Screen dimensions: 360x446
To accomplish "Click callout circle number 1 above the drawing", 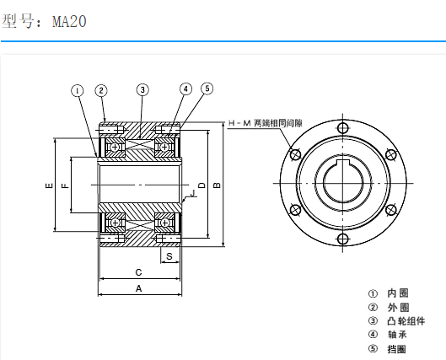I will click(x=78, y=89).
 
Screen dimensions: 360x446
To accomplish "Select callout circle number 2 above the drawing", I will click(x=100, y=89).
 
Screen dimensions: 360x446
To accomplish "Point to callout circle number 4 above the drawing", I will click(x=185, y=89).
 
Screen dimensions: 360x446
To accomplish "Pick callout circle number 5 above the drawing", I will click(x=207, y=89).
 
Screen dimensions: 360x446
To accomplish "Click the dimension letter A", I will click(x=139, y=288).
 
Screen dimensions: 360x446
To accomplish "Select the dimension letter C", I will click(x=139, y=271).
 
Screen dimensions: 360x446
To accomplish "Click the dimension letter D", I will click(x=200, y=184).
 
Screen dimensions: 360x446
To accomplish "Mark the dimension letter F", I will click(x=65, y=184).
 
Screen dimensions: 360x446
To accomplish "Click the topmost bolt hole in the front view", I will click(x=341, y=128).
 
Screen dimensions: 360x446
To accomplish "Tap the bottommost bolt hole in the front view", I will click(x=341, y=239).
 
